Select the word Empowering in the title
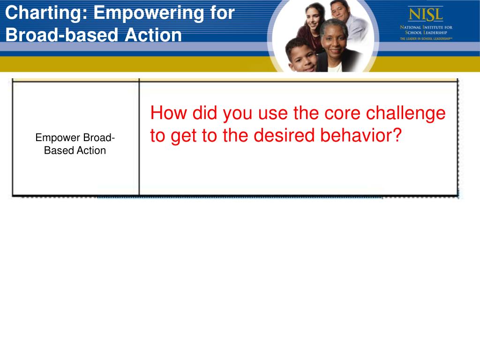tap(149, 14)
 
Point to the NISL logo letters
tap(426, 15)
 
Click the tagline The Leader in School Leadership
tap(426, 38)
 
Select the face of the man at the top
tap(340, 12)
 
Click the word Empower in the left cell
tap(58, 138)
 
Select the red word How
tap(168, 112)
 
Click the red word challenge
tap(405, 113)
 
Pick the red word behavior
tap(355, 135)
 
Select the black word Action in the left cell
tap(91, 150)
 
